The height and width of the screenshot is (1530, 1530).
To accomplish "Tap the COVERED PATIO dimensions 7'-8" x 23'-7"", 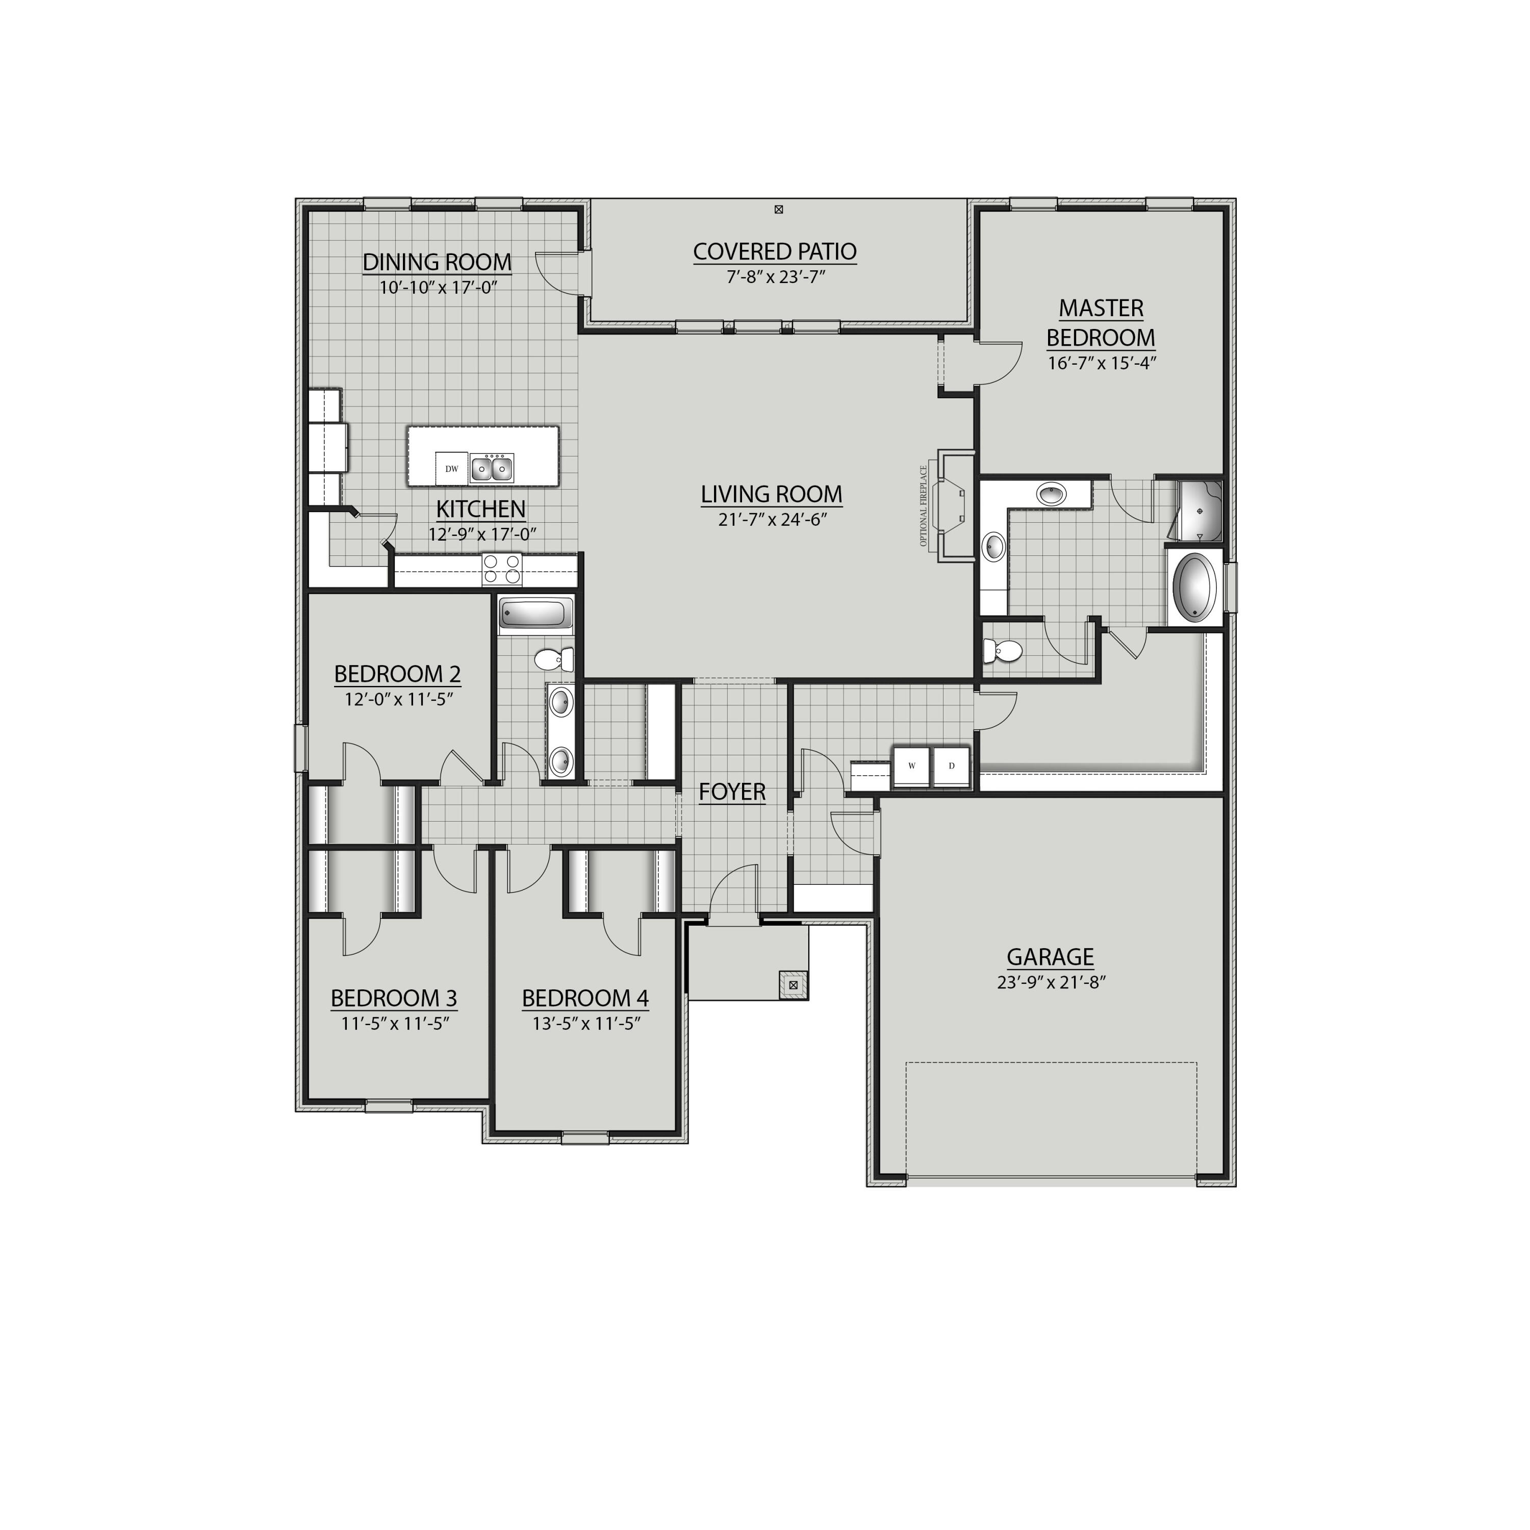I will (x=775, y=277).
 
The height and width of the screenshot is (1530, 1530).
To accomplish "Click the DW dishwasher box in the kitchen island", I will (x=451, y=469).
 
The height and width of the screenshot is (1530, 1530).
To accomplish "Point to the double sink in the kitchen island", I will (x=492, y=469).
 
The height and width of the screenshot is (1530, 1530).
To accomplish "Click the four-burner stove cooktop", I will (x=502, y=569).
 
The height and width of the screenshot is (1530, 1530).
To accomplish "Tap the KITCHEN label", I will (x=481, y=508).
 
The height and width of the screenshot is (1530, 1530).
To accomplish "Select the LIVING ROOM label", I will (x=771, y=494).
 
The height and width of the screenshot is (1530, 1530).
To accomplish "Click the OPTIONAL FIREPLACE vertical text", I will (x=924, y=506).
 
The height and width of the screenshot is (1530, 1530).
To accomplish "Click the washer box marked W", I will (x=911, y=766).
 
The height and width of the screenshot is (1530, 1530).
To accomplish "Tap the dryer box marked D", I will (x=951, y=766).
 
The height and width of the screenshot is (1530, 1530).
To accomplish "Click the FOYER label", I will (x=732, y=791).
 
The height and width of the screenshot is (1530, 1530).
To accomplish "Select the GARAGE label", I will (x=1050, y=957).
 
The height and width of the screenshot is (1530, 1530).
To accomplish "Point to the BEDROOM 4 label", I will (x=585, y=999).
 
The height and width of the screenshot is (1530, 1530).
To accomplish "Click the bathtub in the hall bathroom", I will (x=536, y=614).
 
